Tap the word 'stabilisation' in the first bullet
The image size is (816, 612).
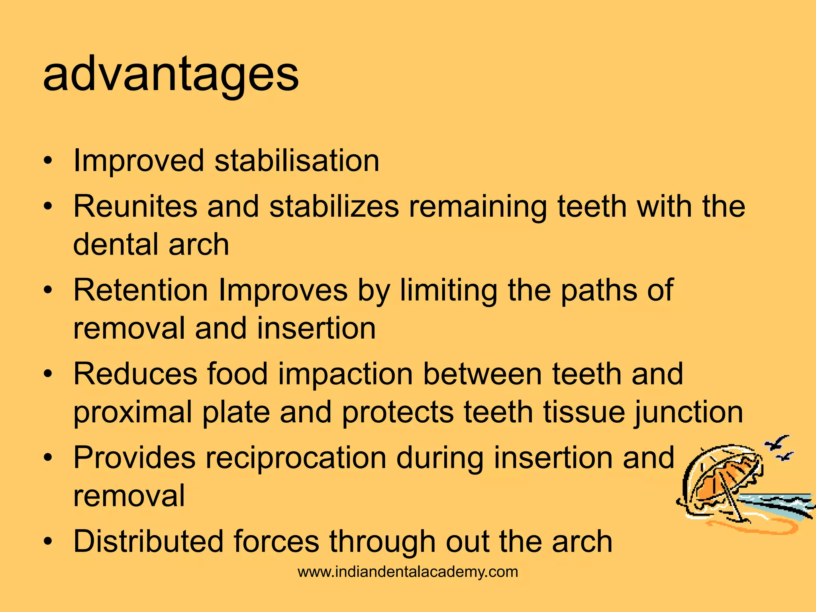coord(297,161)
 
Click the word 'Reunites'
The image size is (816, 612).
coord(135,206)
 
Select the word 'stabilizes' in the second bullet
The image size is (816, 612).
coord(334,206)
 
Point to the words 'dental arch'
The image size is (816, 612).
coord(151,244)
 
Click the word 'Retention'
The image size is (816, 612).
coord(141,290)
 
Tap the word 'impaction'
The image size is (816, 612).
coord(345,374)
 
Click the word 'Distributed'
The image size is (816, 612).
coord(148,541)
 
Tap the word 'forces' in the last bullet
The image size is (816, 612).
coord(277,541)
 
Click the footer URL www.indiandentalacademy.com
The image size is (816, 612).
coord(408,572)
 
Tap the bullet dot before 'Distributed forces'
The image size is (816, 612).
coord(48,542)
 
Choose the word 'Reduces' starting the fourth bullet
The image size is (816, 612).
coord(135,374)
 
